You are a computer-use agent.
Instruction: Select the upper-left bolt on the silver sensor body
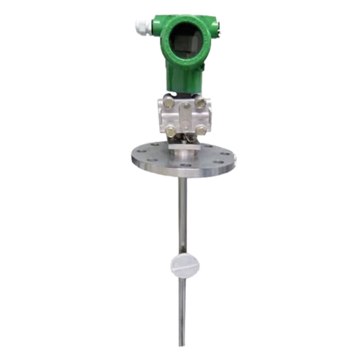tap(168, 102)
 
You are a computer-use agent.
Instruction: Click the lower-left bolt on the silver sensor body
tap(169, 130)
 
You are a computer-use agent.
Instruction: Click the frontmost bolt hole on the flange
tap(184, 165)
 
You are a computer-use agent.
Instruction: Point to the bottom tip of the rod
tap(182, 344)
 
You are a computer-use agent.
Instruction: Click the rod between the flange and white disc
tap(182, 214)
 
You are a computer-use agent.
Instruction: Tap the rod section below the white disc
tap(182, 309)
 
